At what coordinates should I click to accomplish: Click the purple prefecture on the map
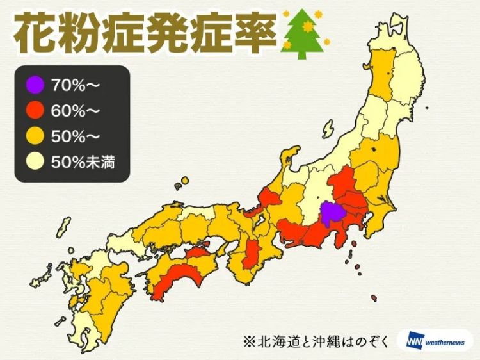332,214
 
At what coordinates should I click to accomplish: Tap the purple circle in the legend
35,84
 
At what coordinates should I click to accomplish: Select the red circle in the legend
35,110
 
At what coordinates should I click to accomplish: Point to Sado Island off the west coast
292,157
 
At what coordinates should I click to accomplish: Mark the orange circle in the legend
35,135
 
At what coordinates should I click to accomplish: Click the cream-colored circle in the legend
35,161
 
